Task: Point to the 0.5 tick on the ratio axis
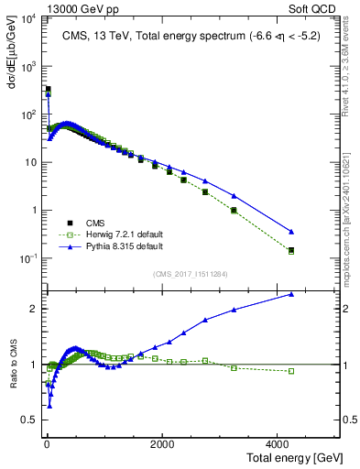coord(28,421)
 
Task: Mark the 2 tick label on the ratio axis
coord(32,309)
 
